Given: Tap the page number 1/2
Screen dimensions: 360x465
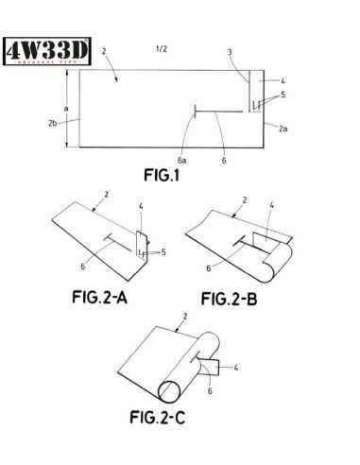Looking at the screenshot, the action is tap(163, 48).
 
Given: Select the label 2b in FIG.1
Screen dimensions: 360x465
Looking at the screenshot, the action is tap(53, 121).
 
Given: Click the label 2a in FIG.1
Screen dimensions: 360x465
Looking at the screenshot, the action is tap(283, 125).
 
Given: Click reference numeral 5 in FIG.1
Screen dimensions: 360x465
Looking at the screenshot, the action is tap(283, 95).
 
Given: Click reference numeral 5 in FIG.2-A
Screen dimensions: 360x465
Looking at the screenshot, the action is tap(164, 252).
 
